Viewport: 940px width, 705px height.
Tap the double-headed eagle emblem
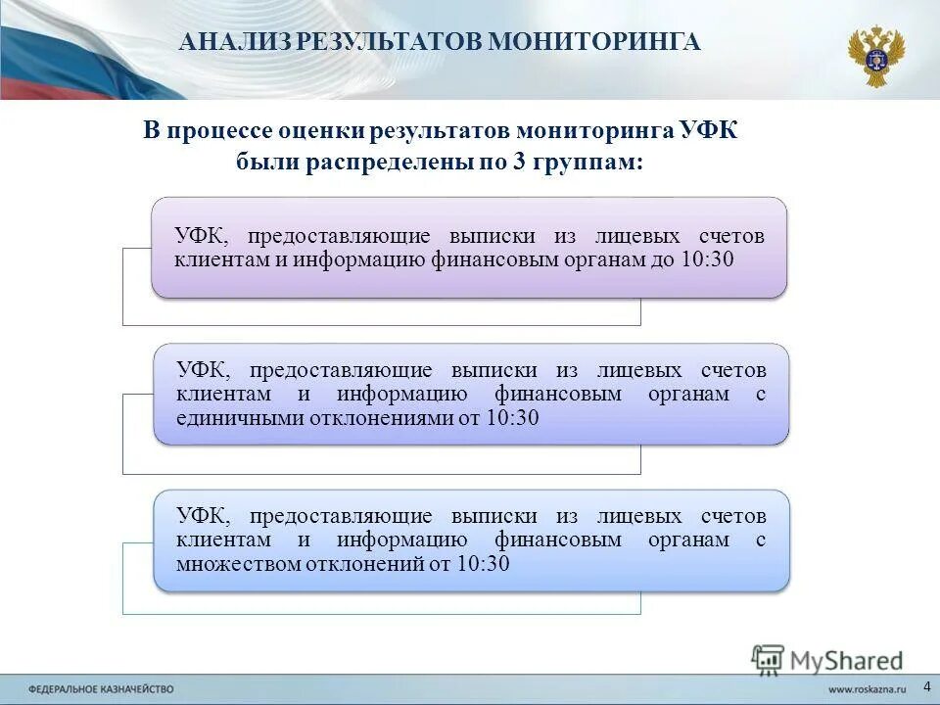point(875,56)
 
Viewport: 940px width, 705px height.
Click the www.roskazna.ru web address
point(866,690)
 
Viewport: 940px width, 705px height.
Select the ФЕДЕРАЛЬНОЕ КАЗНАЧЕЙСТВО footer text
point(101,690)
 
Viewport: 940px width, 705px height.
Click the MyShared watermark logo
point(827,661)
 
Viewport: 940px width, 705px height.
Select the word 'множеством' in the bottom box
point(235,564)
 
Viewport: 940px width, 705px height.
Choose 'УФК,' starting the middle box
point(205,370)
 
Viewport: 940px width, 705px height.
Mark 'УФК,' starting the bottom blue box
point(205,517)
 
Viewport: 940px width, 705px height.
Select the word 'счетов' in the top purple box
point(731,237)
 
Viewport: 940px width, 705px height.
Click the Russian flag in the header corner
point(69,44)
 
